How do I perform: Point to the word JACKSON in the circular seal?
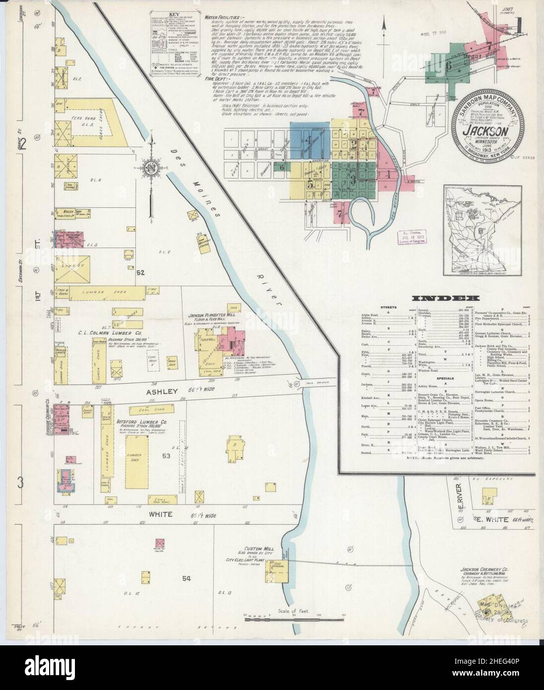[484, 132]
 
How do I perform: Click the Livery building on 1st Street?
[68, 266]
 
